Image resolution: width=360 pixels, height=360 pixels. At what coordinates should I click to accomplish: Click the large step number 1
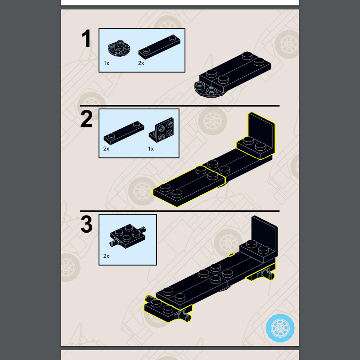(86, 38)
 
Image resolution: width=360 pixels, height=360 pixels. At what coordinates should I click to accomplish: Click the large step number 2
(86, 119)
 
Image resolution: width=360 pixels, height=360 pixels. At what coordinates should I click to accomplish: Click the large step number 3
(86, 224)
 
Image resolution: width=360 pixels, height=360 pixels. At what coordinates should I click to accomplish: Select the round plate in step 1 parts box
(119, 48)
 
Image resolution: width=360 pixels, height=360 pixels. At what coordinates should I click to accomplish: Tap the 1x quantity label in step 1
(106, 63)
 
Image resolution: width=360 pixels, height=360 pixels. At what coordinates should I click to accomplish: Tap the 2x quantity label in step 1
(141, 63)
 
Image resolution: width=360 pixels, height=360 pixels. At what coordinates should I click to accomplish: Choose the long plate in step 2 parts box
(124, 133)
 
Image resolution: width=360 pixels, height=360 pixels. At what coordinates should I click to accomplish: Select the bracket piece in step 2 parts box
(162, 130)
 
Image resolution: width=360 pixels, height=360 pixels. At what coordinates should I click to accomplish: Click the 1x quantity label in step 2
(151, 149)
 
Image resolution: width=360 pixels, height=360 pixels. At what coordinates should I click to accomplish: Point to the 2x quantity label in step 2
(106, 149)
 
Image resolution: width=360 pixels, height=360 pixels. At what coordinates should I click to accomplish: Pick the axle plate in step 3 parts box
(128, 237)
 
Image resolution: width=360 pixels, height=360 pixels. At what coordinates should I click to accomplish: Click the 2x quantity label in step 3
(106, 256)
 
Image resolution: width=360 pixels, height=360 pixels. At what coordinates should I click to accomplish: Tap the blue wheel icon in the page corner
(280, 328)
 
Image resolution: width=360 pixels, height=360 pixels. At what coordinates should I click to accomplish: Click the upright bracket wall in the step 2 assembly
(261, 131)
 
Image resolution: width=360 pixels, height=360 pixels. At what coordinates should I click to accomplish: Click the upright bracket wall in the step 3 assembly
(265, 234)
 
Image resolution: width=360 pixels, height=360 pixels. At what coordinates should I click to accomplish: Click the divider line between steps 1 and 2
(180, 106)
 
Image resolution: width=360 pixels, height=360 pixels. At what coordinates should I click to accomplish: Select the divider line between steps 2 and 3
(180, 211)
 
